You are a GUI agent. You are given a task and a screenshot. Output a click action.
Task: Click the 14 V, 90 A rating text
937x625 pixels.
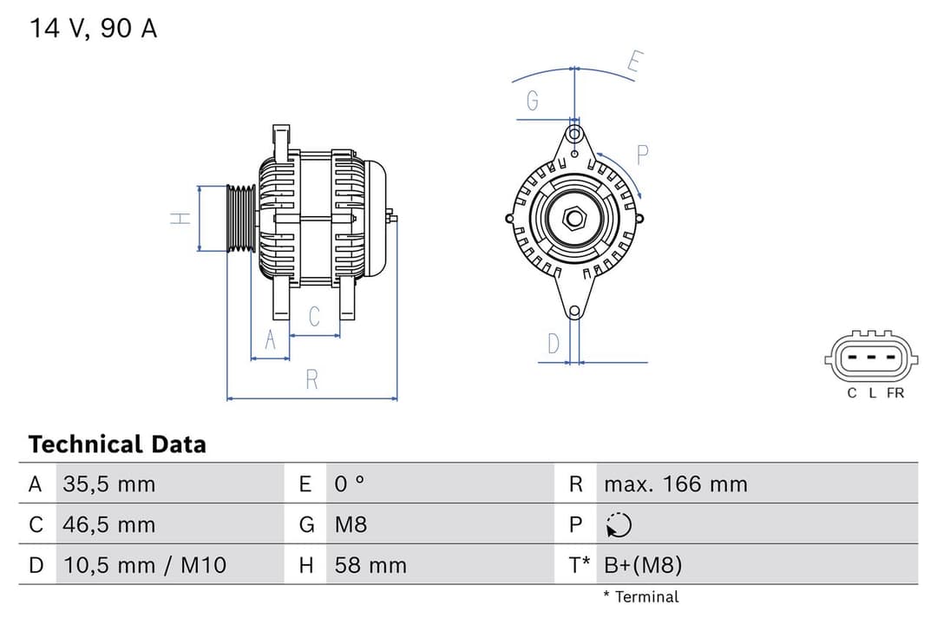click(x=94, y=28)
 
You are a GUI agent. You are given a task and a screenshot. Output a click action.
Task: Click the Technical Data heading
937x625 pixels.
click(x=117, y=444)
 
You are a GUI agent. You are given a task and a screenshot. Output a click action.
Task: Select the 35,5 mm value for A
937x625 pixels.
click(x=108, y=484)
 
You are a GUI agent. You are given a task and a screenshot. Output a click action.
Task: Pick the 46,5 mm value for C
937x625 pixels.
click(x=108, y=524)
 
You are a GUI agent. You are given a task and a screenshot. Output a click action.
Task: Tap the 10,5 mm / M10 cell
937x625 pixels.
click(x=144, y=565)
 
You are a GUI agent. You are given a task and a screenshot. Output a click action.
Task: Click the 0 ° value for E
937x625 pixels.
click(x=350, y=484)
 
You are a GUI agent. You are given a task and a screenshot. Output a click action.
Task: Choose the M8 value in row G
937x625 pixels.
click(x=351, y=524)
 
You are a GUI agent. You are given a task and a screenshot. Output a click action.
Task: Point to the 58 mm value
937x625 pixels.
click(x=370, y=565)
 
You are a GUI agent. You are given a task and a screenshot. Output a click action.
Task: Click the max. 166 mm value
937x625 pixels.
click(x=675, y=484)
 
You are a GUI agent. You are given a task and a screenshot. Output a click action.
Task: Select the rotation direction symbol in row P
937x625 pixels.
click(x=619, y=524)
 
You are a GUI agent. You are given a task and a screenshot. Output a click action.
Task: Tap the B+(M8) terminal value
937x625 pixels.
click(x=643, y=565)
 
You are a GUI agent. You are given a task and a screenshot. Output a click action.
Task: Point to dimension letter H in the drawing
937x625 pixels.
click(x=180, y=219)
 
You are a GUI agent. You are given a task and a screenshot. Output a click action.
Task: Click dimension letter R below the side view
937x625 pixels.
click(x=312, y=379)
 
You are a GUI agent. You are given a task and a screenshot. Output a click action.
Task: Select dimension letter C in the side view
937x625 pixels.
click(x=314, y=317)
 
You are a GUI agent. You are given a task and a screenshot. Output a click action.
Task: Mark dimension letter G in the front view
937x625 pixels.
click(x=533, y=102)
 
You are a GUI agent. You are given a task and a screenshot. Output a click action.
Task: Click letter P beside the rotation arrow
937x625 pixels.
click(x=643, y=155)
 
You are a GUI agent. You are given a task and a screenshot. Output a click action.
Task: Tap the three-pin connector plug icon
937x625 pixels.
click(x=871, y=357)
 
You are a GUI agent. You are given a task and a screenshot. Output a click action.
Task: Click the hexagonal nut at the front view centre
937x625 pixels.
click(x=574, y=217)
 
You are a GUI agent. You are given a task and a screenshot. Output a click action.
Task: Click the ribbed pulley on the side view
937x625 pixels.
click(x=240, y=219)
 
